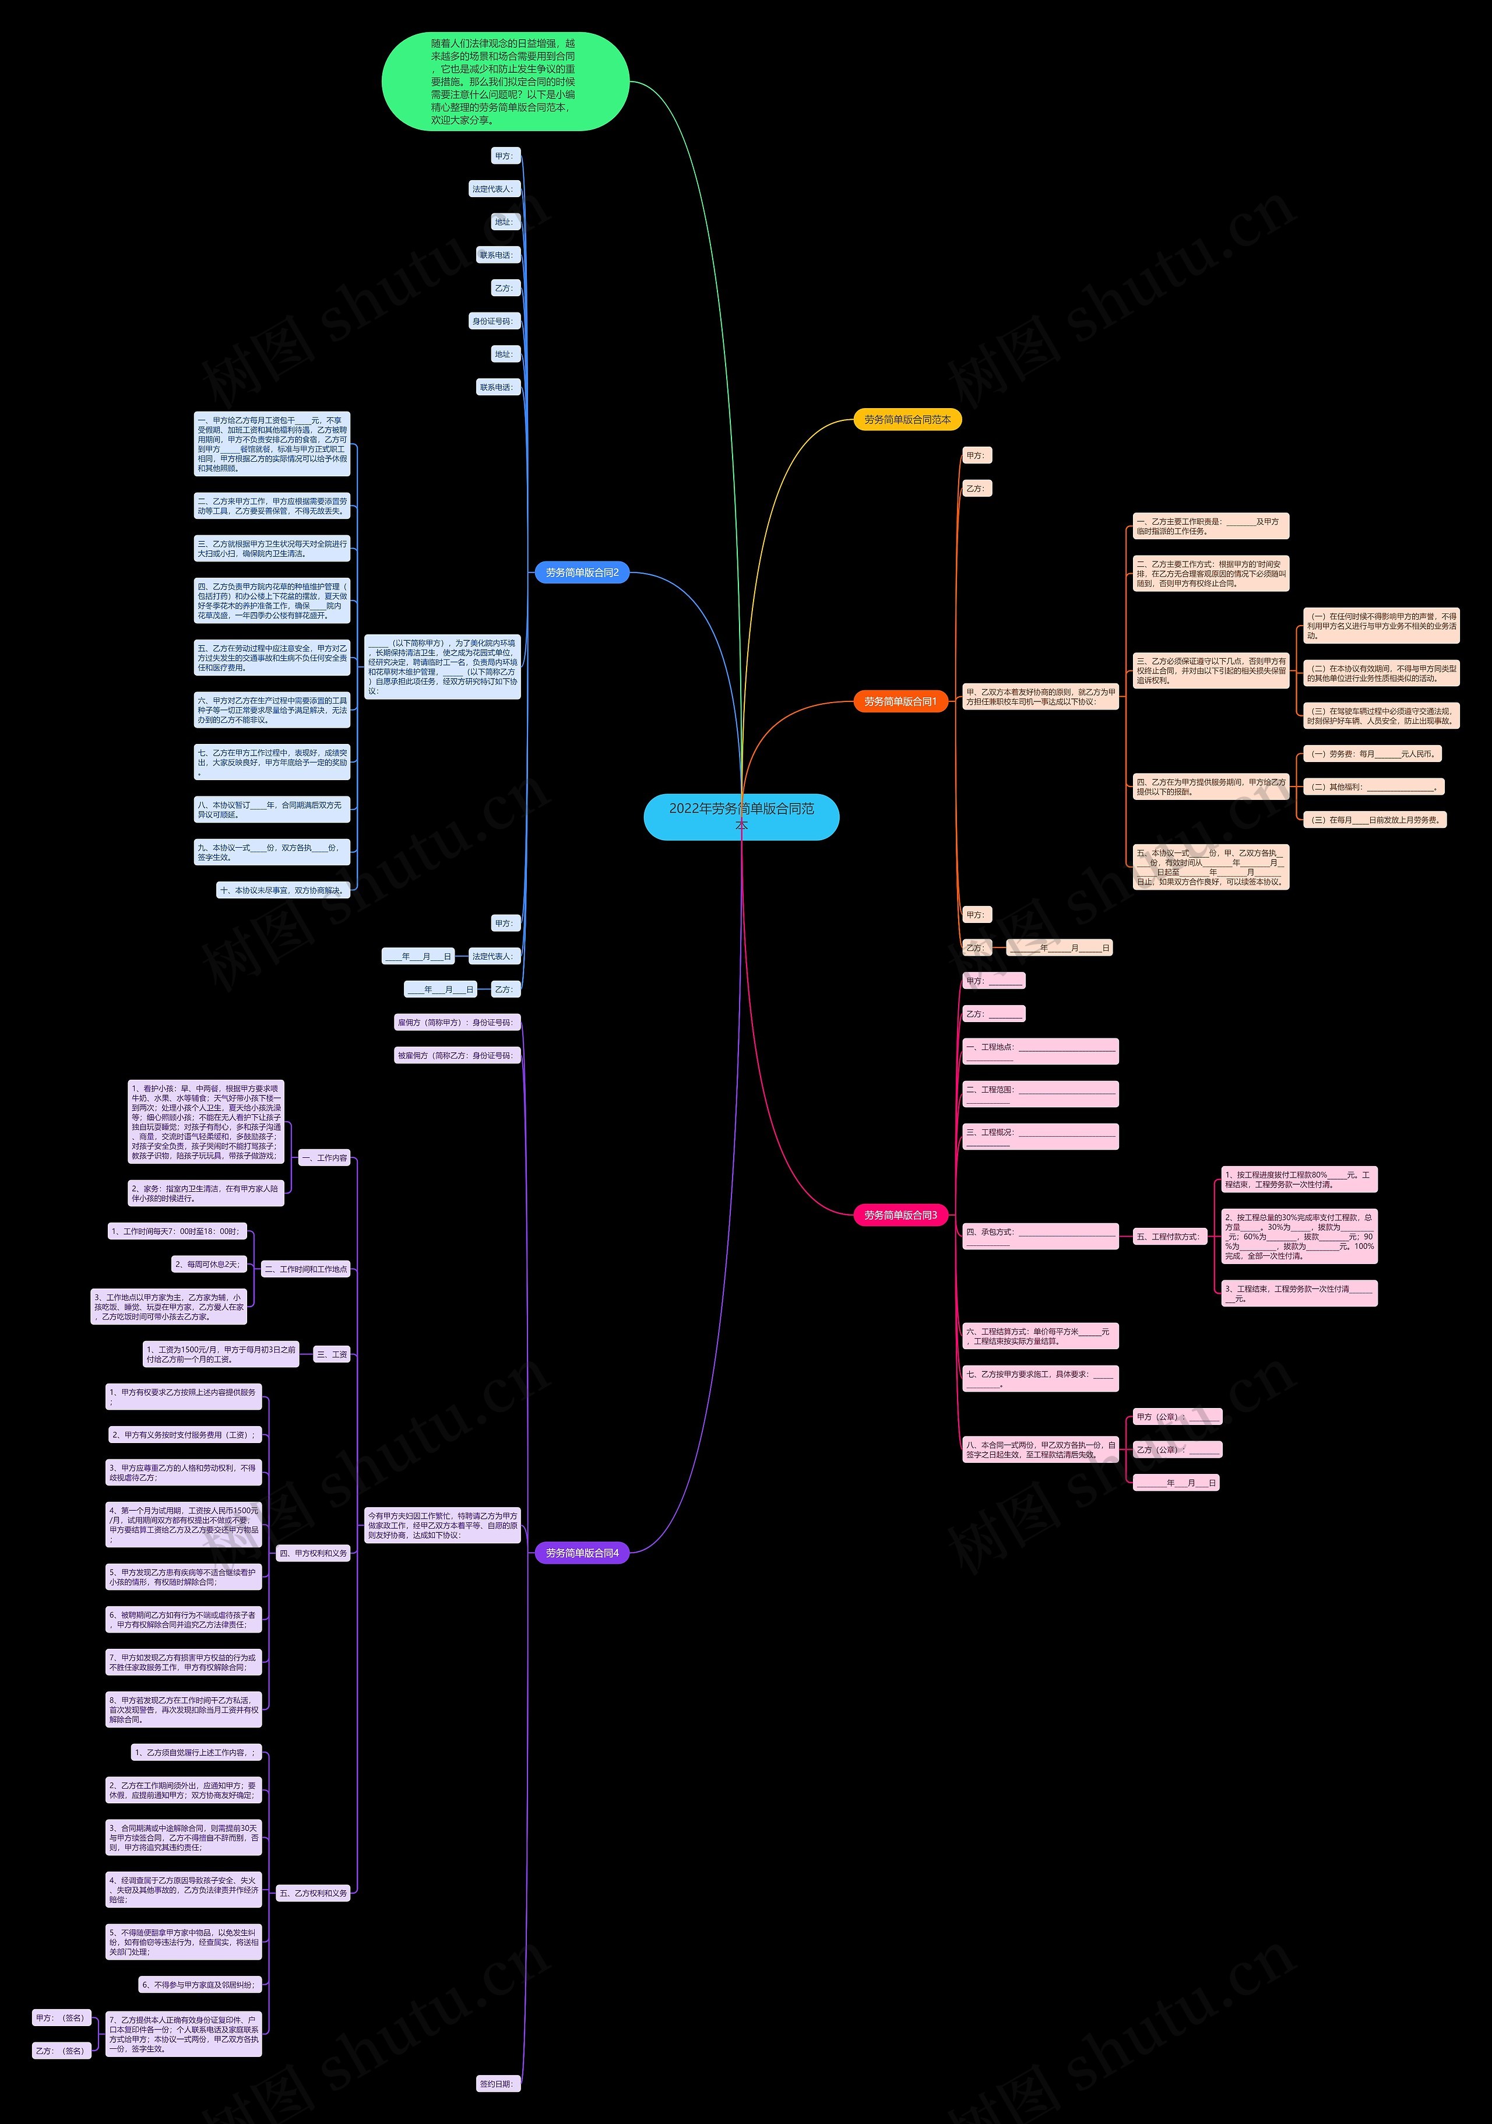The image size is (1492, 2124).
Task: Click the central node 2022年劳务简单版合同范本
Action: (x=741, y=816)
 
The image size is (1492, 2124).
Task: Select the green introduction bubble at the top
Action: (x=505, y=82)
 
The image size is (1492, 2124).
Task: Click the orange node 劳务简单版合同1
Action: (x=900, y=702)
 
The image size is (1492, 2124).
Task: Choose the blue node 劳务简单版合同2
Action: (x=582, y=573)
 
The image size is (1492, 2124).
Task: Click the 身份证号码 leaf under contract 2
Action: (x=495, y=321)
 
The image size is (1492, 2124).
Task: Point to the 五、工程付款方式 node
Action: (x=1169, y=1237)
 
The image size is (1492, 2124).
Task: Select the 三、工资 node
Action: (x=332, y=1354)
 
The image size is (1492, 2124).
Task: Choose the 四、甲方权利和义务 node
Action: (x=314, y=1553)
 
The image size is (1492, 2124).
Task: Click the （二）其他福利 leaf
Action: (x=1372, y=787)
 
